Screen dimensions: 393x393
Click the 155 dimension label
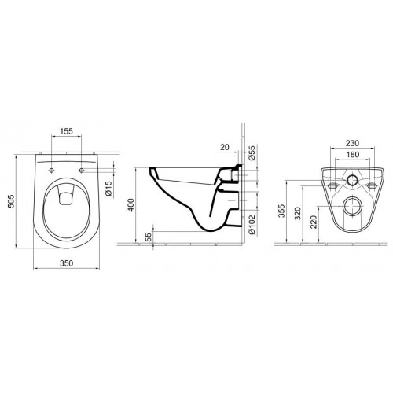66,131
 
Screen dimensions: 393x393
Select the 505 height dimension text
11,201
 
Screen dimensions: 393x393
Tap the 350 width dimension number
67,263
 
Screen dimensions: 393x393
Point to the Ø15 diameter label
108,189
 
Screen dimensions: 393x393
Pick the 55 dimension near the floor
149,237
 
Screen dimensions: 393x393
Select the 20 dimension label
225,147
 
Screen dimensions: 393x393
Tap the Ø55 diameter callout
252,153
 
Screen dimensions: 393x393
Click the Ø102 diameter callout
252,225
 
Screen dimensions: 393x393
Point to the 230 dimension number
352,143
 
